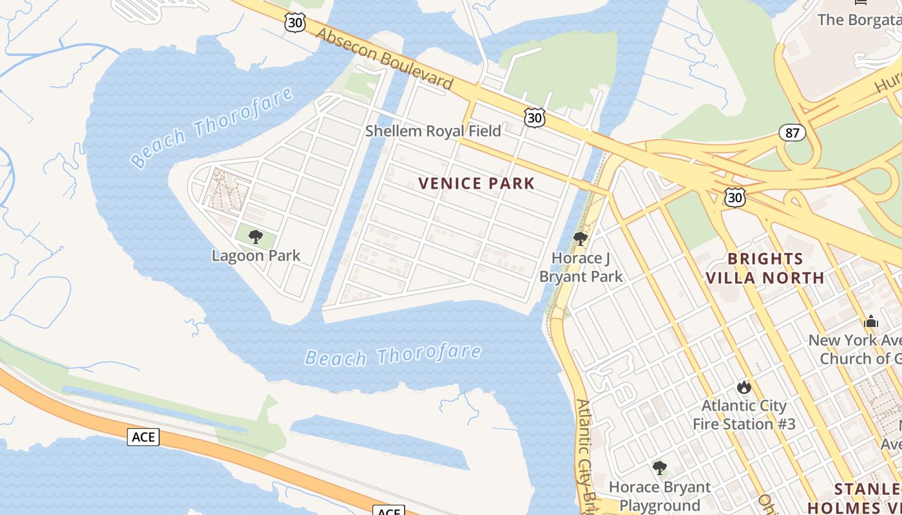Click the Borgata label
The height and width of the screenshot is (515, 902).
(859, 19)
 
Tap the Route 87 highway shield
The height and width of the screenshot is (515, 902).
(792, 133)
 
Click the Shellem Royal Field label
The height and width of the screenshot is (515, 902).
(433, 131)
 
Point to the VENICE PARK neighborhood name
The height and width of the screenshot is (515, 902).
(477, 183)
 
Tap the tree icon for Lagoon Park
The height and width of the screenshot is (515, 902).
(256, 237)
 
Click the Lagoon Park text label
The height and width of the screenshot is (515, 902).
(256, 256)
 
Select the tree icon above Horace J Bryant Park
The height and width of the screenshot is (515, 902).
(581, 239)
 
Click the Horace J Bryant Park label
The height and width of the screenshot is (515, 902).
(581, 268)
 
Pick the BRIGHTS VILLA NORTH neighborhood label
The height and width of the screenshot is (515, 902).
(765, 268)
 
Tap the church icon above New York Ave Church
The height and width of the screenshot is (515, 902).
(871, 321)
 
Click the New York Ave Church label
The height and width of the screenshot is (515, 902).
(855, 349)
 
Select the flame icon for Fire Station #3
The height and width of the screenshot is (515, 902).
(744, 387)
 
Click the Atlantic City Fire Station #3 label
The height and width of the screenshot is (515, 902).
(744, 415)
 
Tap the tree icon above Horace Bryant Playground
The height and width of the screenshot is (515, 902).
(659, 468)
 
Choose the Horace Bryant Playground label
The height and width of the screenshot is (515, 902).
(660, 496)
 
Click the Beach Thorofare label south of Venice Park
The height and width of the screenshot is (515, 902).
(393, 355)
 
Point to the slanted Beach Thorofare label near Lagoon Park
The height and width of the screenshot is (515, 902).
(213, 127)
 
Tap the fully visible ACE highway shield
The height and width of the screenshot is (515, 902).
(143, 437)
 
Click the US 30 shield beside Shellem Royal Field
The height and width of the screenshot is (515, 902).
(535, 117)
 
